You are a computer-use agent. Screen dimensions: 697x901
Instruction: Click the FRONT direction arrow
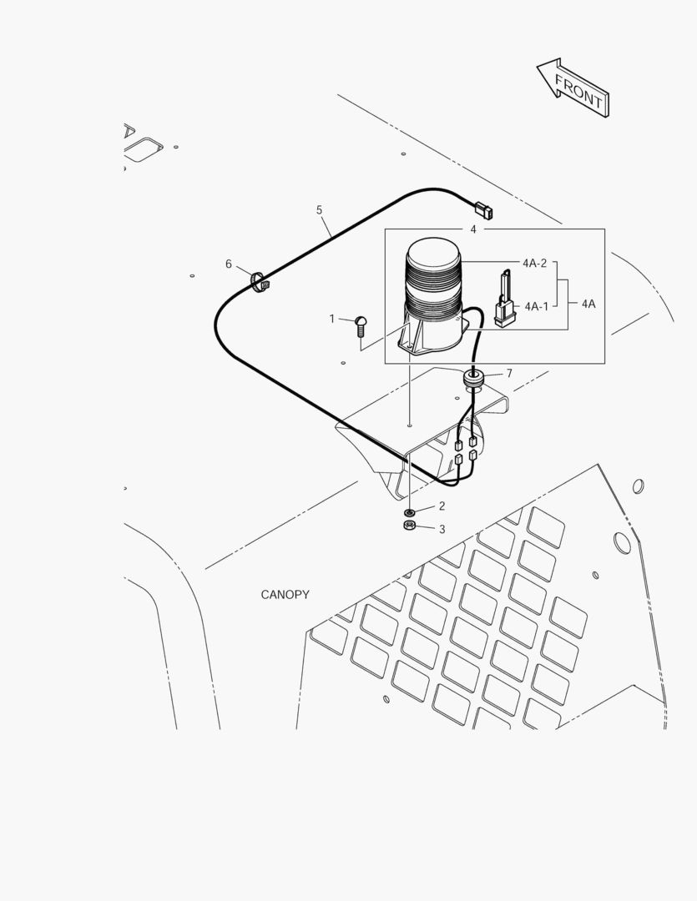(573, 88)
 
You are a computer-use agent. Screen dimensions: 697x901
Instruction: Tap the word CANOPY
(285, 595)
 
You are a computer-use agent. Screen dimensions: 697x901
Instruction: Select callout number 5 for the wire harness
(319, 210)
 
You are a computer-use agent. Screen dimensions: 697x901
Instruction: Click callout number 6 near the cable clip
(229, 264)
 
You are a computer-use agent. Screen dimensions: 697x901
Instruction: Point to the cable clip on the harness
(260, 282)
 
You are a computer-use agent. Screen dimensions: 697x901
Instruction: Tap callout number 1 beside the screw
(332, 319)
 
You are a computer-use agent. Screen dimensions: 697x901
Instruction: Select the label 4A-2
(535, 263)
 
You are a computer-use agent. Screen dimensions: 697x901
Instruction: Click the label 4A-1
(537, 307)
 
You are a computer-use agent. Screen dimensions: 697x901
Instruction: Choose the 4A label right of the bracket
(588, 304)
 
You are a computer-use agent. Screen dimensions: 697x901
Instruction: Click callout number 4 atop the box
(473, 229)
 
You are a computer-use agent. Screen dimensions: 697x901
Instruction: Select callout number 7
(509, 374)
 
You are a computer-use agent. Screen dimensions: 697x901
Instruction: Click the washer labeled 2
(409, 511)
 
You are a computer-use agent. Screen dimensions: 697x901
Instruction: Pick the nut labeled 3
(410, 526)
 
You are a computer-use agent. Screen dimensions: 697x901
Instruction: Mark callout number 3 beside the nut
(442, 529)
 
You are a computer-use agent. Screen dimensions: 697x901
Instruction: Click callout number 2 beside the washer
(442, 506)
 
